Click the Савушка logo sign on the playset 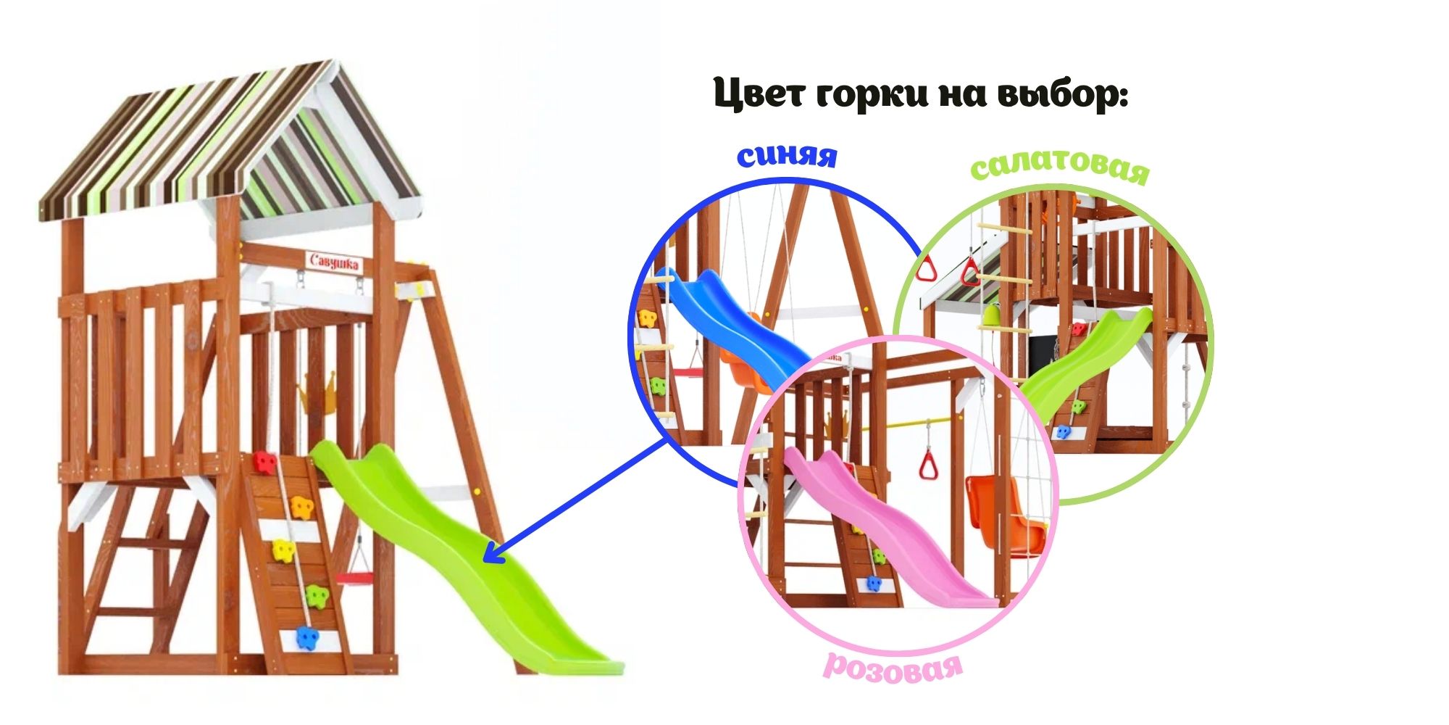[334, 262]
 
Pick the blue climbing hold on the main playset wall [307, 638]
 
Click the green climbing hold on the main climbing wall [317, 596]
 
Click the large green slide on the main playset [464, 555]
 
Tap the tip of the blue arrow [484, 560]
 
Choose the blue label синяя [787, 155]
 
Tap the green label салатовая [1060, 167]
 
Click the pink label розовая [893, 667]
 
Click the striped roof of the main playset [228, 145]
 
